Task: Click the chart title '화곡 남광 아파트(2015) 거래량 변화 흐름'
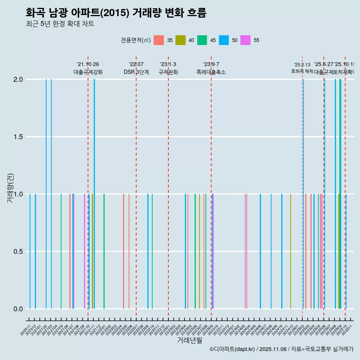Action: click(116, 13)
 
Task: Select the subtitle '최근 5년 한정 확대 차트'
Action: click(60, 24)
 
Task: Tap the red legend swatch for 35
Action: click(159, 40)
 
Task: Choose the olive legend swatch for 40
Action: click(180, 40)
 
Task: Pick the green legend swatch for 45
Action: click(202, 40)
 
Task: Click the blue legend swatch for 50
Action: click(224, 40)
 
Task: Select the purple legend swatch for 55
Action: click(246, 40)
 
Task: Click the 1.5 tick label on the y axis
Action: click(18, 137)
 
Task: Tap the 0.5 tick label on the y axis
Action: click(18, 252)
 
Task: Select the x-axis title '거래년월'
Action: click(189, 340)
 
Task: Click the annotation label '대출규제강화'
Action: click(88, 72)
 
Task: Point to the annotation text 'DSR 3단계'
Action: click(136, 72)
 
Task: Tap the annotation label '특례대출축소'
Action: click(211, 72)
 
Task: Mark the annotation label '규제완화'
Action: click(168, 72)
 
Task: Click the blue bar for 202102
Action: click(46, 194)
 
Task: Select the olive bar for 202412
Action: click(291, 251)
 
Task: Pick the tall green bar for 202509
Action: click(340, 194)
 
